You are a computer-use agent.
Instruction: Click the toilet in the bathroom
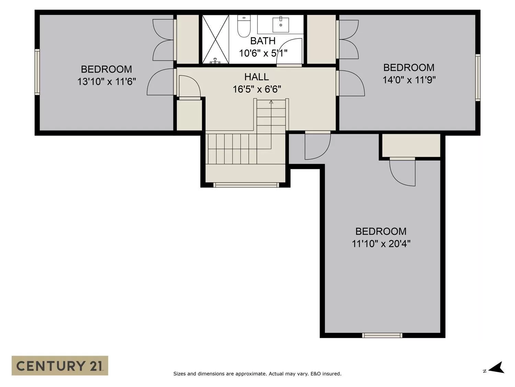click(243, 26)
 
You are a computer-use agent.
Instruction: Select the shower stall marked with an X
click(215, 39)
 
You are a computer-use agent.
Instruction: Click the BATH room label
click(263, 41)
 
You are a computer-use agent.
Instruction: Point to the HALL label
click(256, 77)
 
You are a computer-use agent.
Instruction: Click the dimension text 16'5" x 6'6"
click(257, 89)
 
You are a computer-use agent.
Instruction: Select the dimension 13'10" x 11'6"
click(106, 82)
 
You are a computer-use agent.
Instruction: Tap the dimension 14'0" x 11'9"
click(409, 80)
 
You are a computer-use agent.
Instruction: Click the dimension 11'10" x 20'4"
click(381, 244)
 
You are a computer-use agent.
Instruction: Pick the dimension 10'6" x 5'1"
click(263, 53)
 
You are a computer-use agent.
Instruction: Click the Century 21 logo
click(60, 365)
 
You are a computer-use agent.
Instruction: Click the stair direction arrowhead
click(271, 102)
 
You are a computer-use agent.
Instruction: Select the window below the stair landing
click(246, 185)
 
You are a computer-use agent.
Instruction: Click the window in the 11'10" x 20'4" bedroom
click(382, 335)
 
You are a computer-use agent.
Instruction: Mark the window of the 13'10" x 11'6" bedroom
click(37, 72)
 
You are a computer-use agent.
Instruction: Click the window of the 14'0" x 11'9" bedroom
click(478, 77)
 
